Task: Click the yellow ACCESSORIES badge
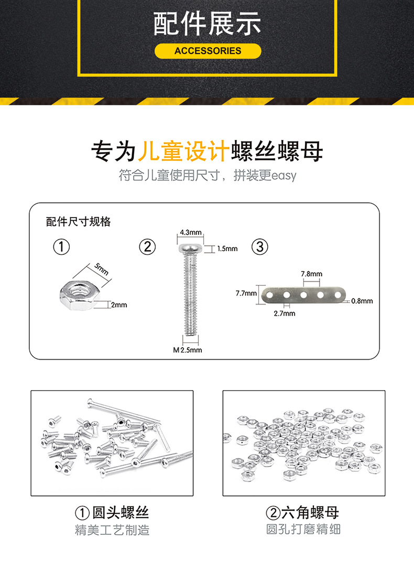pyautogui.click(x=208, y=51)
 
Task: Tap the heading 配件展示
pyautogui.click(x=207, y=25)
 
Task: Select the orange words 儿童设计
pyautogui.click(x=183, y=152)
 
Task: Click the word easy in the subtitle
pyautogui.click(x=284, y=175)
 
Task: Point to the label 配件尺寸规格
pyautogui.click(x=79, y=221)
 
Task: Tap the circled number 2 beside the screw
pyautogui.click(x=147, y=246)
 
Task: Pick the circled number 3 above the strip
pyautogui.click(x=260, y=246)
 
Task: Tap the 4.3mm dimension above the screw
pyautogui.click(x=191, y=232)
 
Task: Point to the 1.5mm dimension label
pyautogui.click(x=227, y=249)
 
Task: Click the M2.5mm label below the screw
pyautogui.click(x=187, y=350)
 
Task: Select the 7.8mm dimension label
pyautogui.click(x=311, y=274)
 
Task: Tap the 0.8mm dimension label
pyautogui.click(x=362, y=301)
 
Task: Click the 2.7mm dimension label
pyautogui.click(x=285, y=314)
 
